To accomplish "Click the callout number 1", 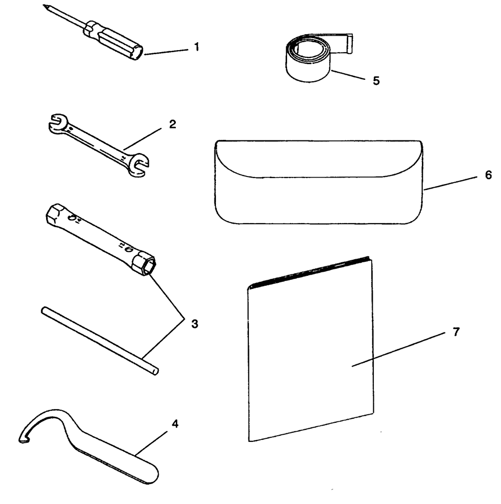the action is point(197,47).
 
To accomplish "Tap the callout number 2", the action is point(173,124).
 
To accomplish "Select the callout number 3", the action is point(194,323).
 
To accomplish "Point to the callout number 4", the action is point(175,424).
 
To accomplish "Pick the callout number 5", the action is point(376,80).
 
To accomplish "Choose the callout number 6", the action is point(488,175).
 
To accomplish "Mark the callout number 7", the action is point(456,331).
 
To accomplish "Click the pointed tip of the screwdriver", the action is point(44,5).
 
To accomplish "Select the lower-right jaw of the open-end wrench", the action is point(139,165).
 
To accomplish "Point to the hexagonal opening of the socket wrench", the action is point(150,266).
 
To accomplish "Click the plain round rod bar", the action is point(100,341).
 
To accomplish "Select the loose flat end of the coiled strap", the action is point(349,44).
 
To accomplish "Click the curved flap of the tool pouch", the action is point(319,159).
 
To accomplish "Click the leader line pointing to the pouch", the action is point(450,183).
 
